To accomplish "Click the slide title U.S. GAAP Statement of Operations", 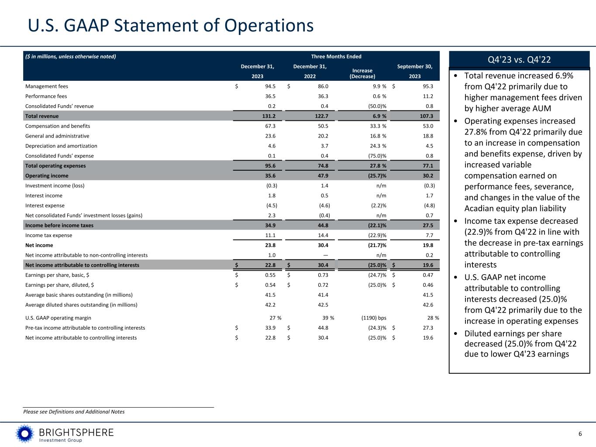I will (171, 25).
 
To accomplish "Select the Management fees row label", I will (47, 86).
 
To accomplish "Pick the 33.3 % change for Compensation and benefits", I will (376, 126).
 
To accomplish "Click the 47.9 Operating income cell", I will (321, 176).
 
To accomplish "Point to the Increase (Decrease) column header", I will (362, 73).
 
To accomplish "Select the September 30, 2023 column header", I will (414, 71).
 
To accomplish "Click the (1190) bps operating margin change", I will (371, 318).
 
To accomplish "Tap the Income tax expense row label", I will (49, 235).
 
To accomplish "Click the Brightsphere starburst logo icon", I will (24, 433).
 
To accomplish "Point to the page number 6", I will (580, 433).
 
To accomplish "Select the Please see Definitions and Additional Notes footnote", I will (74, 412).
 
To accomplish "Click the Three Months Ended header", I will (336, 56).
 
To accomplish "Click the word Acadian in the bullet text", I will (480, 208).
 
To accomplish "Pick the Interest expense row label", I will (45, 206).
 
